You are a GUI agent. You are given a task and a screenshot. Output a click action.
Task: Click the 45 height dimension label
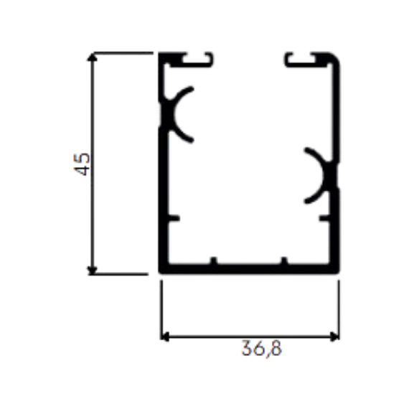[82, 164]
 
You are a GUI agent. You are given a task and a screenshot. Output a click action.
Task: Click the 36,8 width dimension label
[262, 349]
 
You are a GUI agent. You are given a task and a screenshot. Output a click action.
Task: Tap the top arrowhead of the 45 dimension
[93, 57]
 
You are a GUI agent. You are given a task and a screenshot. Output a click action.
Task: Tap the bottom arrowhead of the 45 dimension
[93, 271]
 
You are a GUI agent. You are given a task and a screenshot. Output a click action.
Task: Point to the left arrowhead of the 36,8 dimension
[165, 337]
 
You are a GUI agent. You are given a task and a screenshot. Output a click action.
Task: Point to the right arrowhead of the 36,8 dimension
[334, 337]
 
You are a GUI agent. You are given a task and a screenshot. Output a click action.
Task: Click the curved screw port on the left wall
[173, 114]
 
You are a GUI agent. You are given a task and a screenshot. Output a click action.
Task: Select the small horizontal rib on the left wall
[174, 218]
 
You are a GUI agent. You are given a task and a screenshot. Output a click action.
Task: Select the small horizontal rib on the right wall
[324, 218]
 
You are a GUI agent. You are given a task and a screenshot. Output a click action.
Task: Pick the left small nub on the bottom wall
[214, 260]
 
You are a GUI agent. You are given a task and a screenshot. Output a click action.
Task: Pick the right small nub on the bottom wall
[284, 260]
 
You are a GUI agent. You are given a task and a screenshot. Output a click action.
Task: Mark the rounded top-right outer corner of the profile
[335, 57]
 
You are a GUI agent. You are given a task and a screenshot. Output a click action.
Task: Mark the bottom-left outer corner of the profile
[160, 272]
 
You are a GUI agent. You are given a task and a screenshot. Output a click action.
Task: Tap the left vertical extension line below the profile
[161, 310]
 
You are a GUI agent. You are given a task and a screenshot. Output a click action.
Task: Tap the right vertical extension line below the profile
[339, 310]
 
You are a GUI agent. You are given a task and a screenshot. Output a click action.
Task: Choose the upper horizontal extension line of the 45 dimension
[123, 53]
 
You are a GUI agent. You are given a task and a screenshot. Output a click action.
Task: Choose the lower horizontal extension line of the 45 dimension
[118, 274]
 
